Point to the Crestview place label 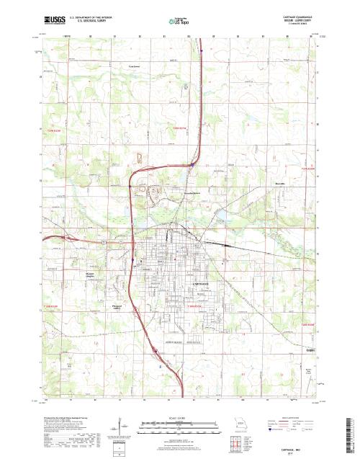133,66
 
